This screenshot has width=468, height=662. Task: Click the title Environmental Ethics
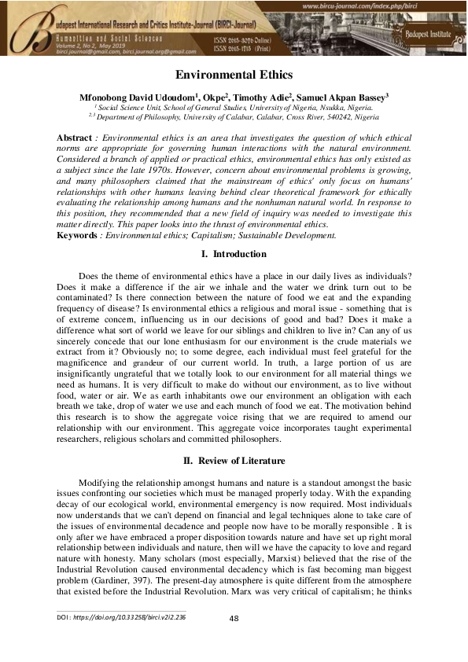pos(234,75)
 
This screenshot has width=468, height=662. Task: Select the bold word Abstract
pos(75,138)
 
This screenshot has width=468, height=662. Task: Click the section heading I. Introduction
pos(234,255)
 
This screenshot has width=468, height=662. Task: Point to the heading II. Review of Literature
pos(234,461)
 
